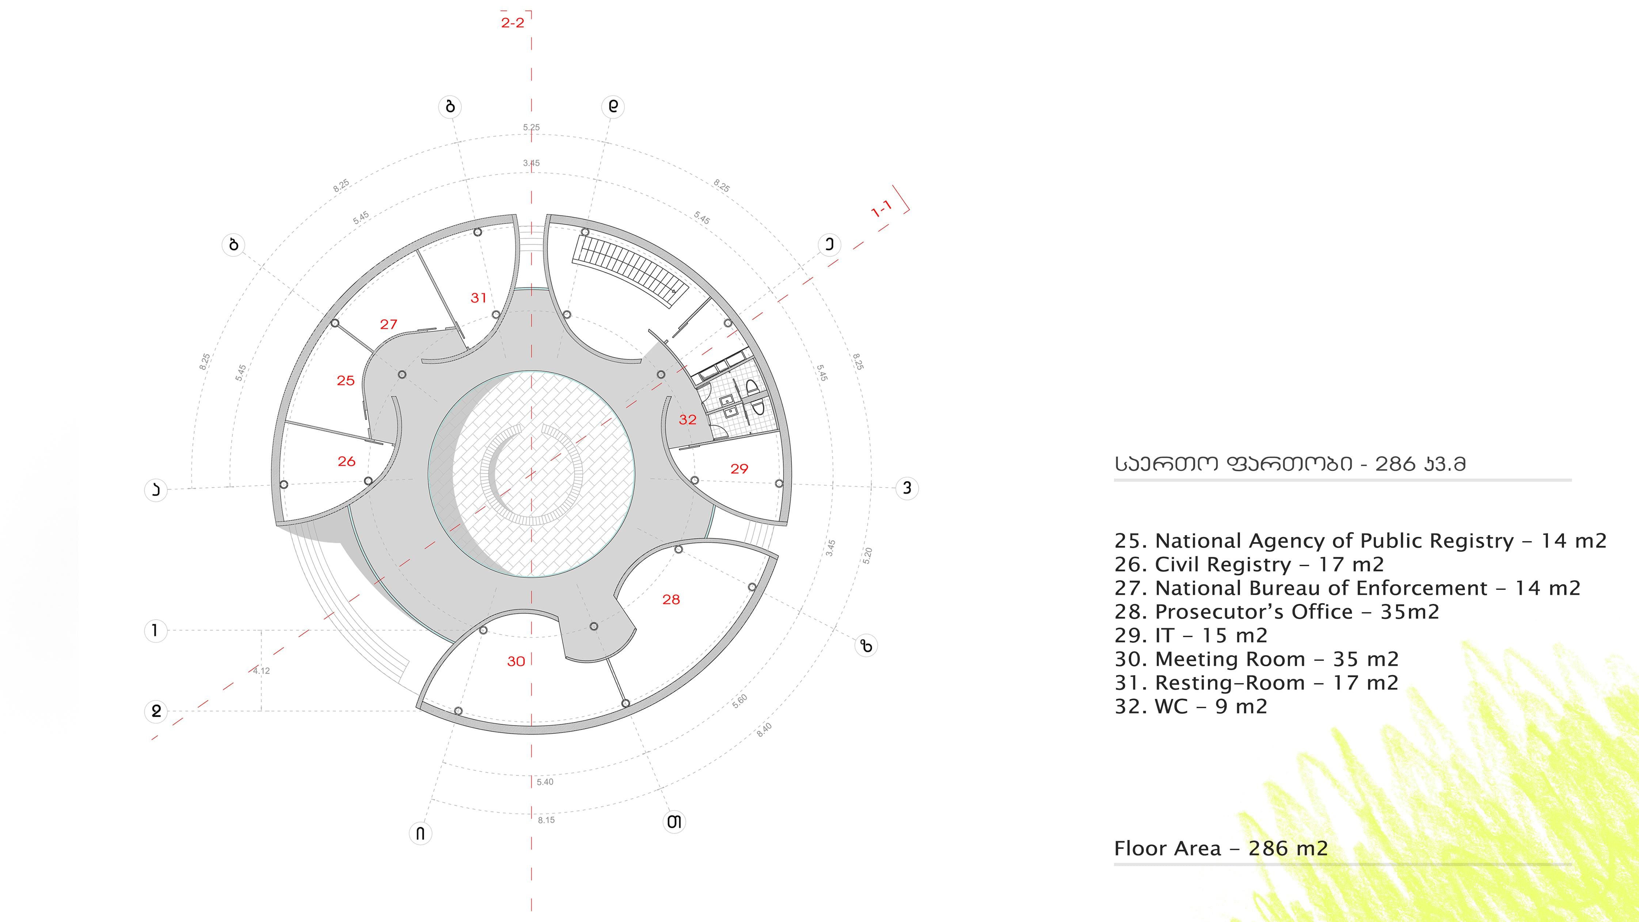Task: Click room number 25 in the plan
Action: pos(346,381)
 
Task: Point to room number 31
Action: pos(479,298)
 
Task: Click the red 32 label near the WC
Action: pos(687,419)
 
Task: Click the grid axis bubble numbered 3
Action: pos(907,488)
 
